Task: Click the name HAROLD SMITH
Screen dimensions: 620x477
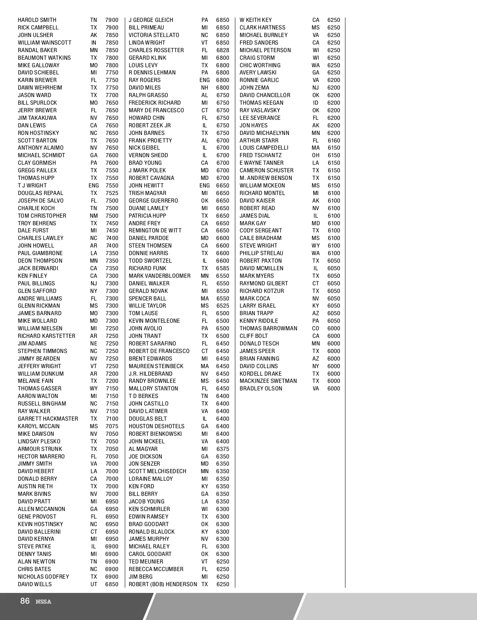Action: (x=37, y=20)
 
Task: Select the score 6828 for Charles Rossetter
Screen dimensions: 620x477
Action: (x=223, y=50)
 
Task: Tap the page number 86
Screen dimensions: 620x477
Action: (x=25, y=601)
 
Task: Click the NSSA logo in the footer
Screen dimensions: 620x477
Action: (x=43, y=602)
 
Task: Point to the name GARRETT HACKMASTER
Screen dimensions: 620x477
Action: (x=48, y=419)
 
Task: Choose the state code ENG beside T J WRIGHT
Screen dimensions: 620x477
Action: (x=94, y=185)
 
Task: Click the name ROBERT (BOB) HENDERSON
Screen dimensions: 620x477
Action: (x=163, y=584)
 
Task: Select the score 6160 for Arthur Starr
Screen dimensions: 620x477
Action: (x=334, y=140)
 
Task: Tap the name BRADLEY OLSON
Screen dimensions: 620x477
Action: (x=261, y=388)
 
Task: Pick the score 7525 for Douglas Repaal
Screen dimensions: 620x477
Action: (x=112, y=193)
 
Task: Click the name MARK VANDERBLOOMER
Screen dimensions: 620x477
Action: (x=159, y=276)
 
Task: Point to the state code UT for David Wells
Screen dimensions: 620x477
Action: (x=94, y=584)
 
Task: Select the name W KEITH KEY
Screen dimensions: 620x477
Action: (x=256, y=20)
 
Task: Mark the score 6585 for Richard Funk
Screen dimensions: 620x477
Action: (x=223, y=268)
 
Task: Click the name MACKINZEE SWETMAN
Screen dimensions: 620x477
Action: (x=268, y=381)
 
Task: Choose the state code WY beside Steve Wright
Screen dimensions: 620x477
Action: (x=316, y=246)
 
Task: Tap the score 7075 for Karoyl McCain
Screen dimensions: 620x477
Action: (x=112, y=426)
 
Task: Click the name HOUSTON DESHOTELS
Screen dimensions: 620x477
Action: (x=156, y=426)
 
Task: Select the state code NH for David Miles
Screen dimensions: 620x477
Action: (x=205, y=88)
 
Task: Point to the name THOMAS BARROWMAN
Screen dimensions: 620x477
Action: (x=268, y=328)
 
